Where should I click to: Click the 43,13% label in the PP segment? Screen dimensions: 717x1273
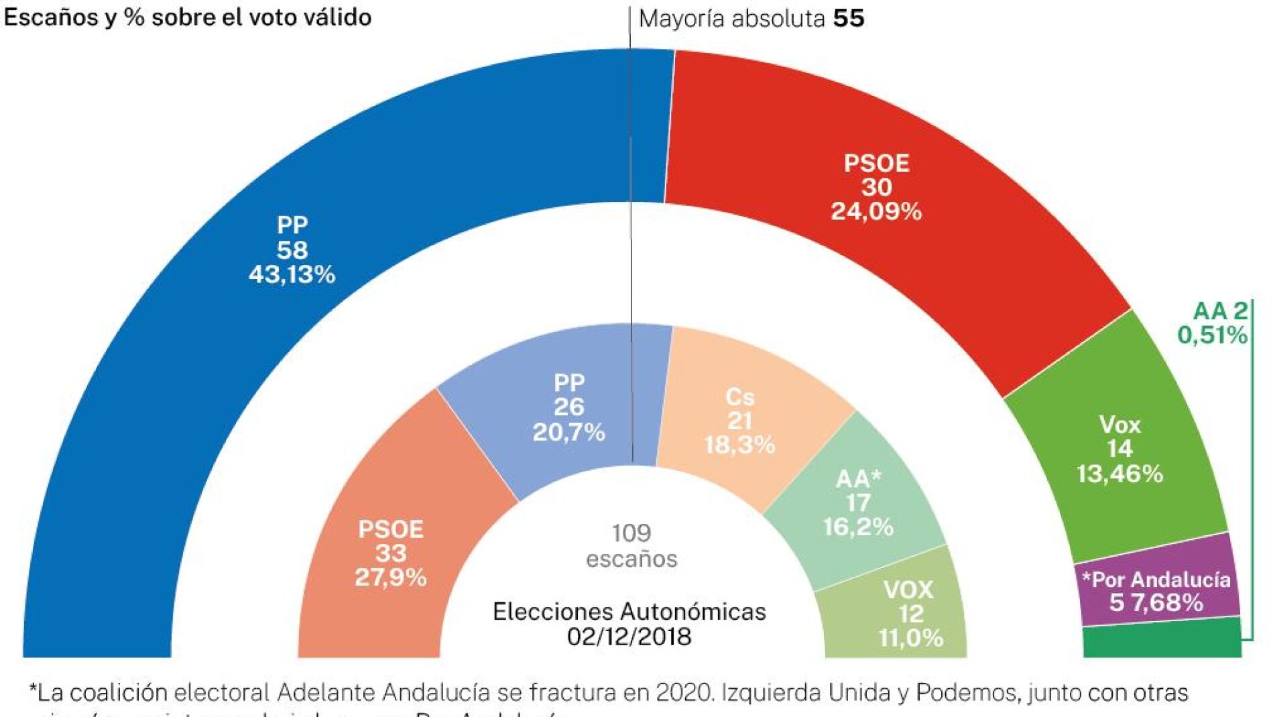[x=292, y=274]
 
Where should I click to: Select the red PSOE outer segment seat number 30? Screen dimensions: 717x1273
[x=876, y=187]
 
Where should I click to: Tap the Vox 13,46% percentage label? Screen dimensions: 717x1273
[x=1119, y=474]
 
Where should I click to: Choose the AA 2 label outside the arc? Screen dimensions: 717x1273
[x=1221, y=311]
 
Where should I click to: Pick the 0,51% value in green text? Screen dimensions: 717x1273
[x=1213, y=335]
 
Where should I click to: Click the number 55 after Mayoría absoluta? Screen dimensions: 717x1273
[x=849, y=18]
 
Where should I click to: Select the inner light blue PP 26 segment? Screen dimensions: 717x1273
[x=568, y=406]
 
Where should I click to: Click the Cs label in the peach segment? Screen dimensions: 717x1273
[x=740, y=397]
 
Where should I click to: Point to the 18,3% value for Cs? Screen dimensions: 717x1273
[x=739, y=445]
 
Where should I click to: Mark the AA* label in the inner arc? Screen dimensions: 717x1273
[x=858, y=479]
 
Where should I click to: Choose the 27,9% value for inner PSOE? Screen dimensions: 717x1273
[x=391, y=577]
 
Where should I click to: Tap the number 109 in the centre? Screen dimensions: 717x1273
[x=631, y=533]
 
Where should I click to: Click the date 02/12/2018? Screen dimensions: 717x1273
[x=629, y=637]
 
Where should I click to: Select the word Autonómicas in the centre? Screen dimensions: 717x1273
[x=692, y=612]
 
